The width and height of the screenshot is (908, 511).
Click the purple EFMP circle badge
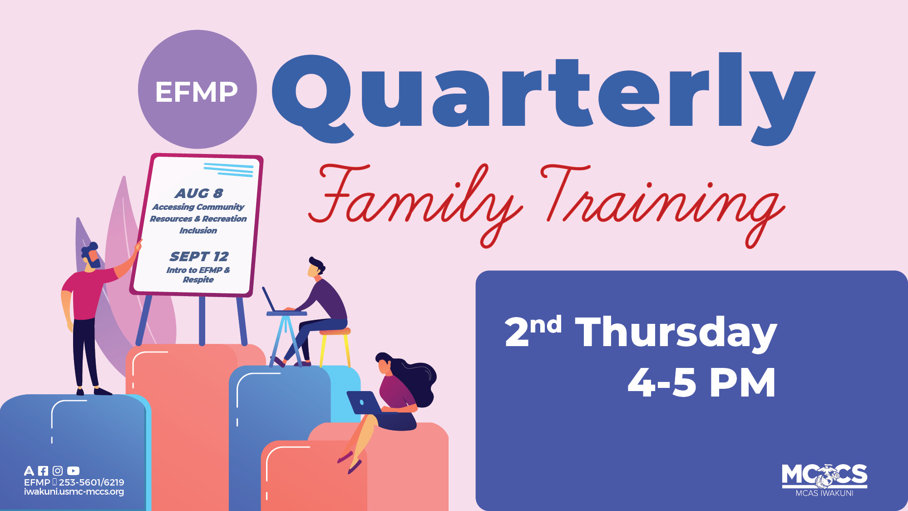click(x=197, y=89)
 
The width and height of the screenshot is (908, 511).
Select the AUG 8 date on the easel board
click(x=199, y=193)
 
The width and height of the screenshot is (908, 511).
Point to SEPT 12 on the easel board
click(x=199, y=257)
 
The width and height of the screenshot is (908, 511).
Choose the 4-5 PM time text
click(x=701, y=383)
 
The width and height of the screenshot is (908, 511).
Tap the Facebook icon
click(x=43, y=471)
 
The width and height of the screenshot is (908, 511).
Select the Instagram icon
click(x=58, y=471)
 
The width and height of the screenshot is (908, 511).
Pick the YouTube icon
click(x=73, y=471)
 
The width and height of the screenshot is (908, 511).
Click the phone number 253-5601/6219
click(x=91, y=482)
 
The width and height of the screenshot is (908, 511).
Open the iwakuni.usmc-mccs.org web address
click(x=74, y=492)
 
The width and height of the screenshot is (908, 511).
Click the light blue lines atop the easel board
click(x=228, y=169)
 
